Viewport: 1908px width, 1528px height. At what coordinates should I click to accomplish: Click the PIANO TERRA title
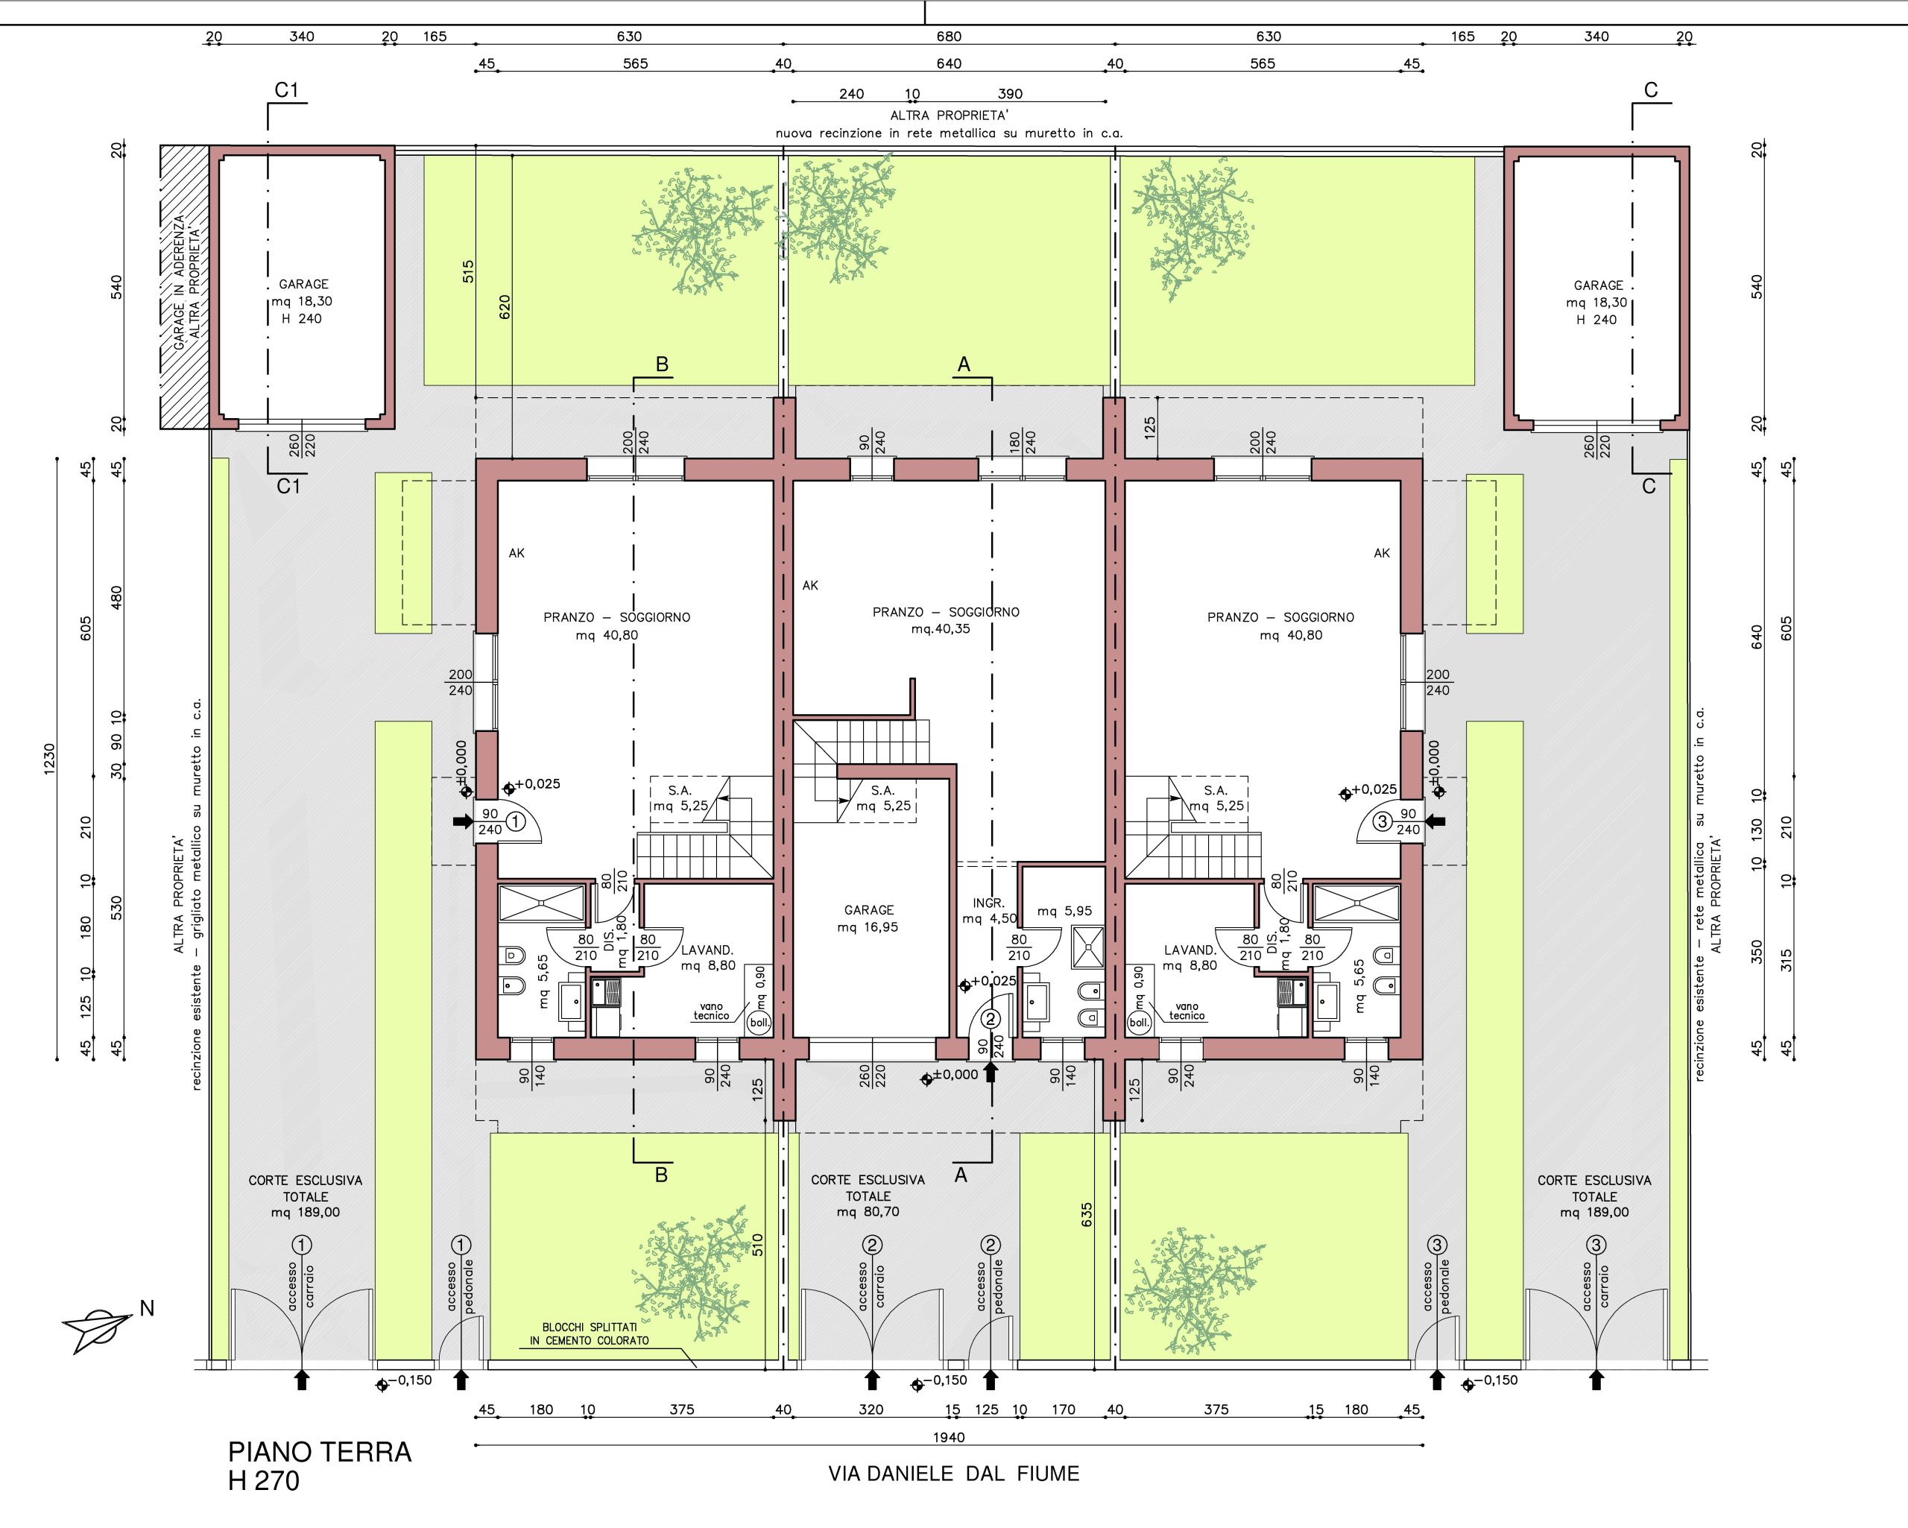[320, 1453]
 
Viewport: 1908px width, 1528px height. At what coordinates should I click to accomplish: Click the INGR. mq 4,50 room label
[988, 910]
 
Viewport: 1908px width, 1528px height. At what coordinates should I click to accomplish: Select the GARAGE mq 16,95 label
[868, 918]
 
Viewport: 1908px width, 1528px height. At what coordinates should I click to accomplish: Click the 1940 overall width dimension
[949, 1437]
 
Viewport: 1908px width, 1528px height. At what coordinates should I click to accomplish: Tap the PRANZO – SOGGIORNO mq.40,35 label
[945, 619]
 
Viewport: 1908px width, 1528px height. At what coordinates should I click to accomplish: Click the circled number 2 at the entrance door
[991, 1020]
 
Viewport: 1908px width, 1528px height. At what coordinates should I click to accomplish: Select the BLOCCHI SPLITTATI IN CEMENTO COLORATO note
[590, 1334]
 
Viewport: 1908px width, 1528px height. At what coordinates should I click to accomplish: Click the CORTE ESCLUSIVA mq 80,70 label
[868, 1195]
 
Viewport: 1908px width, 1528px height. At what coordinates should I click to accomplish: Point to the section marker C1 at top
[287, 90]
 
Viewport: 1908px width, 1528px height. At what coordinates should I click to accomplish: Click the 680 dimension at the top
[949, 37]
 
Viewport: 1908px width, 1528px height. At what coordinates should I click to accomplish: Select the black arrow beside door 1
[463, 821]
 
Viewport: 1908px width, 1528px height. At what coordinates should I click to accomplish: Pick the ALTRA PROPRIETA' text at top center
[949, 115]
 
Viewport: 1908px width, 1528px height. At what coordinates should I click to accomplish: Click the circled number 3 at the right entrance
[1383, 821]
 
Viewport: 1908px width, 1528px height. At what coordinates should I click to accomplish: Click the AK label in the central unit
[809, 585]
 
